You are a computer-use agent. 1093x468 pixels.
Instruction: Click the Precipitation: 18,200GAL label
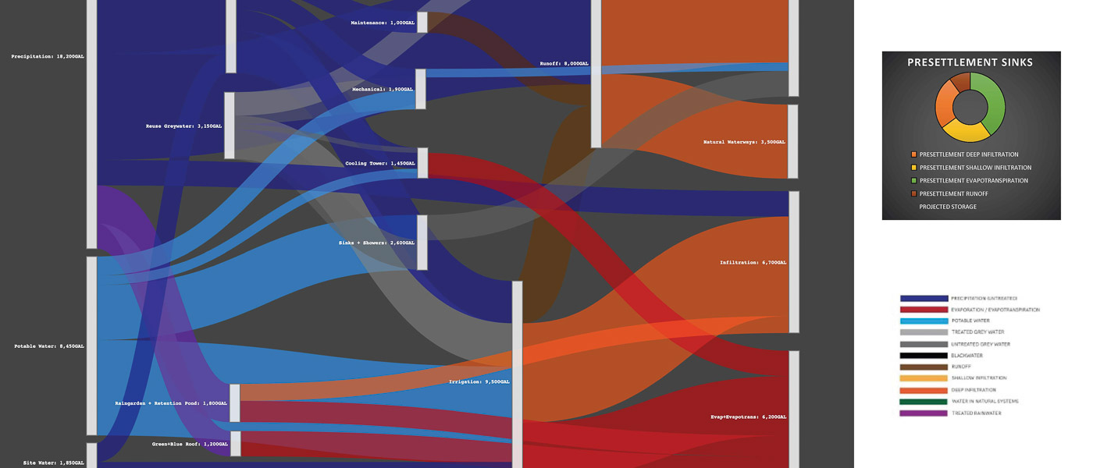(x=48, y=56)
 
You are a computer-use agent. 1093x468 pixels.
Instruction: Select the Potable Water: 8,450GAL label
(x=49, y=346)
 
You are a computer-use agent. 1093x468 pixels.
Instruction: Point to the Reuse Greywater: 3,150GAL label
(x=183, y=126)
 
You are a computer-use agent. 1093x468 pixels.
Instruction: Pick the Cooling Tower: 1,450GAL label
(x=380, y=163)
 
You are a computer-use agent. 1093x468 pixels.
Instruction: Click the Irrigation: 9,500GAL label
(x=479, y=381)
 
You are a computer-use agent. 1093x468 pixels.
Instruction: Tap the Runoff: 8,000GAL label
(x=564, y=63)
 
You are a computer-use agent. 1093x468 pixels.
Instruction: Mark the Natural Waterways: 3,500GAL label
(x=744, y=142)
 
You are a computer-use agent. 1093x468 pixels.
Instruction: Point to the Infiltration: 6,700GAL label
(x=753, y=262)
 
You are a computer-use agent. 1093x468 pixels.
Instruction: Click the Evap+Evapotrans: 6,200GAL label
(x=747, y=417)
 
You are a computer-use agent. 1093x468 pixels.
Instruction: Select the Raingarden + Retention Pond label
(x=171, y=403)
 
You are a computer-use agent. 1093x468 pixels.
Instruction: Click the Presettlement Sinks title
(x=970, y=62)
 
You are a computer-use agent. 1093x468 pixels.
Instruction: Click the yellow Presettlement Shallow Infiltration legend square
(x=913, y=168)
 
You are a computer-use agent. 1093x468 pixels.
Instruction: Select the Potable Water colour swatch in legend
(x=923, y=321)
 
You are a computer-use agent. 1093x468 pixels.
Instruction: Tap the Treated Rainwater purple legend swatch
(x=923, y=413)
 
